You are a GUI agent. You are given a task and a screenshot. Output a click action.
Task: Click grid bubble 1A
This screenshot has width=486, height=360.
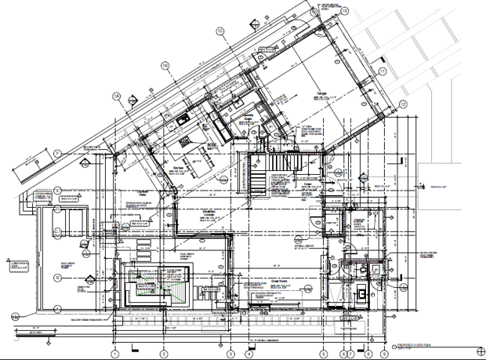tap(116, 96)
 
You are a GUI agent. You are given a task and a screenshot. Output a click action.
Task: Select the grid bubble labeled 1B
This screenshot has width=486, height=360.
tap(165, 64)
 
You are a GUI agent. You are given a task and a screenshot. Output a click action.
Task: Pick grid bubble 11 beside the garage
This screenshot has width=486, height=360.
tap(382, 71)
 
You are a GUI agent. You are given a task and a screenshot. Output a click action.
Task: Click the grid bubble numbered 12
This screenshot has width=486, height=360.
tap(403, 104)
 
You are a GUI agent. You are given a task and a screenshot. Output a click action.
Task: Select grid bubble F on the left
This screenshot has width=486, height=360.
tap(58, 153)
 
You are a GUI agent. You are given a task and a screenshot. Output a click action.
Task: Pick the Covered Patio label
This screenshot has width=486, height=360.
tap(143, 191)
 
